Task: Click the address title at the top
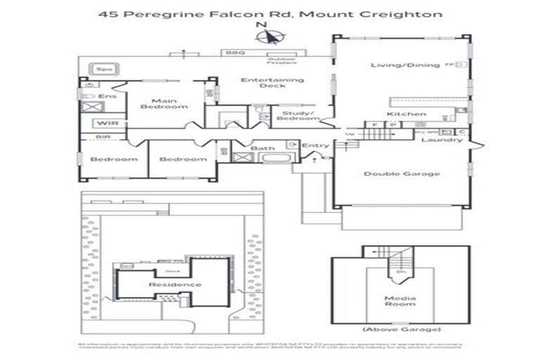click(270, 13)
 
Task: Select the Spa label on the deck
click(105, 70)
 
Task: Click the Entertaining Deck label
click(273, 83)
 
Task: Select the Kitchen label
click(406, 114)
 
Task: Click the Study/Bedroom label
click(292, 116)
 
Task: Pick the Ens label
click(107, 96)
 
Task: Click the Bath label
click(263, 148)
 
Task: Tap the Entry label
click(314, 146)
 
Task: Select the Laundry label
click(442, 140)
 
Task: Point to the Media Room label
click(400, 301)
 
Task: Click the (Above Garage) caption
click(400, 329)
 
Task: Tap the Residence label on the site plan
click(174, 285)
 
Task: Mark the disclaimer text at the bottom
click(270, 346)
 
